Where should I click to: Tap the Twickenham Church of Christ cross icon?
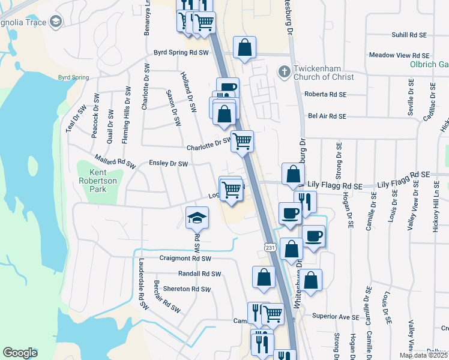[x=284, y=72]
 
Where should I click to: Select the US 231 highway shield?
[x=270, y=247]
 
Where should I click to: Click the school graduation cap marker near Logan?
[x=197, y=219]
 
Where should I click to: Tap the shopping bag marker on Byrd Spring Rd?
[x=245, y=49]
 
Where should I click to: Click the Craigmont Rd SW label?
[x=185, y=258]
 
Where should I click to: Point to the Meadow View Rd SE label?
[x=400, y=55]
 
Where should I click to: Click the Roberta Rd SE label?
[x=326, y=94]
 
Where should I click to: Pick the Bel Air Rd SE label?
[x=327, y=116]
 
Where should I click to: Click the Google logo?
[x=20, y=353]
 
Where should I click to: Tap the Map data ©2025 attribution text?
[x=423, y=355]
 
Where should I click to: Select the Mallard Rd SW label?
[x=115, y=162]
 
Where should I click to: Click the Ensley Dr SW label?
[x=168, y=163]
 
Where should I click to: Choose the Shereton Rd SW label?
[x=187, y=289]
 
